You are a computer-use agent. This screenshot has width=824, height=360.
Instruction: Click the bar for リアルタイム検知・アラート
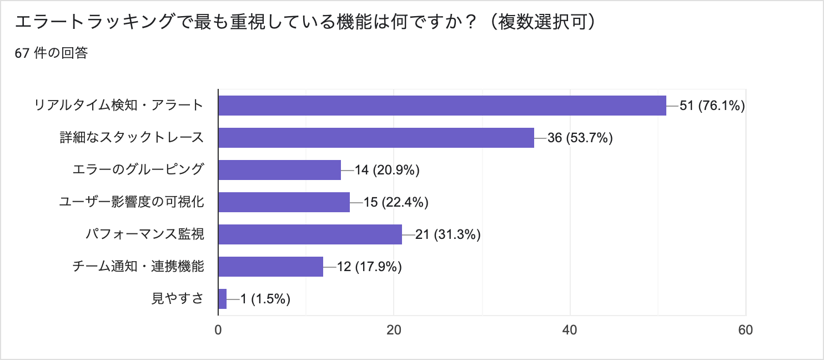(442, 106)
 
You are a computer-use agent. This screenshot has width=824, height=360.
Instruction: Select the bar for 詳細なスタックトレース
(376, 138)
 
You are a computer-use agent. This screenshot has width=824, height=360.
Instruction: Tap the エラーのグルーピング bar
(279, 170)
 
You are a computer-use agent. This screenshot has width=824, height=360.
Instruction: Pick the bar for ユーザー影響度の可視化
(284, 202)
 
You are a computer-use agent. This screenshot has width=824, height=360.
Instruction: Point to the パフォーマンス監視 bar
(310, 234)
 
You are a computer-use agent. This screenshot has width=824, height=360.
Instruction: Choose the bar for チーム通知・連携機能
(270, 267)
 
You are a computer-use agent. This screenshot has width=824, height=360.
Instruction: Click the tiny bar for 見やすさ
(222, 299)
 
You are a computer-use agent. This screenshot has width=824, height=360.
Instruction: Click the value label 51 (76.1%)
(712, 106)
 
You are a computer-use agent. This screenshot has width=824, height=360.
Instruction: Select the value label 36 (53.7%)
(580, 138)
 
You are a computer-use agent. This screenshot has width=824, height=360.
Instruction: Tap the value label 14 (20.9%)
(386, 170)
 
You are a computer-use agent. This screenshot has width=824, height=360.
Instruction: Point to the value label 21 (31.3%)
(448, 234)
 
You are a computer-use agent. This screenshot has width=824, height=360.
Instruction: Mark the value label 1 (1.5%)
(265, 299)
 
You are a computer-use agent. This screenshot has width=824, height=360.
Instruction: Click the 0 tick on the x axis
(218, 330)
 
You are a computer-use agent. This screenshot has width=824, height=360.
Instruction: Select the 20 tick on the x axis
(394, 330)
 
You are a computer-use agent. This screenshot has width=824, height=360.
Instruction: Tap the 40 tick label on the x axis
(570, 330)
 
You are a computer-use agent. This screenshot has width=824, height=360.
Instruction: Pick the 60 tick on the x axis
(745, 330)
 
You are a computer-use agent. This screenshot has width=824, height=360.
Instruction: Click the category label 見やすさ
(178, 299)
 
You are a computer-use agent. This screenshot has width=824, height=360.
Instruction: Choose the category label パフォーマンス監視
(145, 234)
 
